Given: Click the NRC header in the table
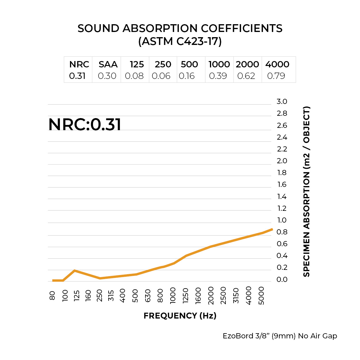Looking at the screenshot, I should [79, 64].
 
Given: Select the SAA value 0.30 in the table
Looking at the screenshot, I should [107, 76].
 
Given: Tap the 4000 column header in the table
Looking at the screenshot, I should [277, 64].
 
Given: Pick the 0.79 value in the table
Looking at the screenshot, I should [276, 76].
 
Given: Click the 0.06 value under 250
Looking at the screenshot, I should [161, 76].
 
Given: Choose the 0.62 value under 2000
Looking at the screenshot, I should [246, 76].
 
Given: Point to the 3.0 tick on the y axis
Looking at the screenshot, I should [282, 101].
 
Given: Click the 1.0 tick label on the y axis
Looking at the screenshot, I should [282, 220].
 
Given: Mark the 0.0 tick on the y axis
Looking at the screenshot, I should [282, 279].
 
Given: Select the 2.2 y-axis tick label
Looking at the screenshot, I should [282, 149].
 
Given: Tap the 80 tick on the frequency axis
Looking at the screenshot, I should [52, 295].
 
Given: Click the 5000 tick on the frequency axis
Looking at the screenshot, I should [261, 295].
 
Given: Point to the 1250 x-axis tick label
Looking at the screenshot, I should [185, 295].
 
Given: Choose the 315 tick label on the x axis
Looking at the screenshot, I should [111, 295].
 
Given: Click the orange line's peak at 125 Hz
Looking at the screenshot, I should [75, 270].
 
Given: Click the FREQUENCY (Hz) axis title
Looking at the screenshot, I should [180, 316].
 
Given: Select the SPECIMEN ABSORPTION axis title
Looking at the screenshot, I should [306, 192].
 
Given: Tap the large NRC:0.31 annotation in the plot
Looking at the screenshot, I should [85, 124].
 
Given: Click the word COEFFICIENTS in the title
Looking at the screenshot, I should [242, 29].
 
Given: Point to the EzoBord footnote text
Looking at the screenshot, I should [280, 336].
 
